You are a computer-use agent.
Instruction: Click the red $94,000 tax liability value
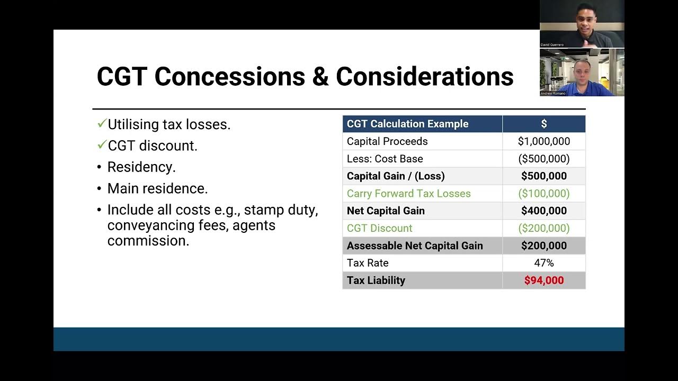544,280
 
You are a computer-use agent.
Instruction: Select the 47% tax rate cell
544,263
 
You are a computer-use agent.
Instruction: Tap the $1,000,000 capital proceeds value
544,141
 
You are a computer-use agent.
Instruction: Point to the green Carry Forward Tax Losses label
408,193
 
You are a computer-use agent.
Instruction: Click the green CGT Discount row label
379,228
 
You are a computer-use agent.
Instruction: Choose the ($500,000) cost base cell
544,159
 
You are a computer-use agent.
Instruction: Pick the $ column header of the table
544,124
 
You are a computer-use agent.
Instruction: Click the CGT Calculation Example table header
407,124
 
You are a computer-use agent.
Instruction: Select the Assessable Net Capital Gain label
415,246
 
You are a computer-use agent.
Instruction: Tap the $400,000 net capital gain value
544,211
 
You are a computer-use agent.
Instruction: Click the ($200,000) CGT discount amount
544,228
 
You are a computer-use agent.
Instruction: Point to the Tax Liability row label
376,280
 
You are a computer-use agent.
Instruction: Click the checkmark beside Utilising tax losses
102,124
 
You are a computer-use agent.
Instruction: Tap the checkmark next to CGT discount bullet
102,145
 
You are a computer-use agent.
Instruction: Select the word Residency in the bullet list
141,167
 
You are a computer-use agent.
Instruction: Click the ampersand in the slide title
320,77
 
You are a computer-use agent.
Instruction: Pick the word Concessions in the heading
229,77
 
